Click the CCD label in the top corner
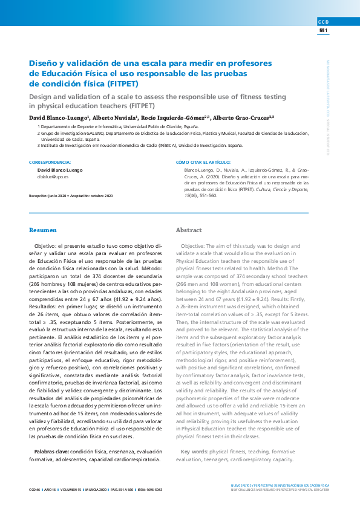click(323, 22)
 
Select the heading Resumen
click(43, 230)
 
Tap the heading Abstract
click(188, 230)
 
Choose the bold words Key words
click(194, 452)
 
